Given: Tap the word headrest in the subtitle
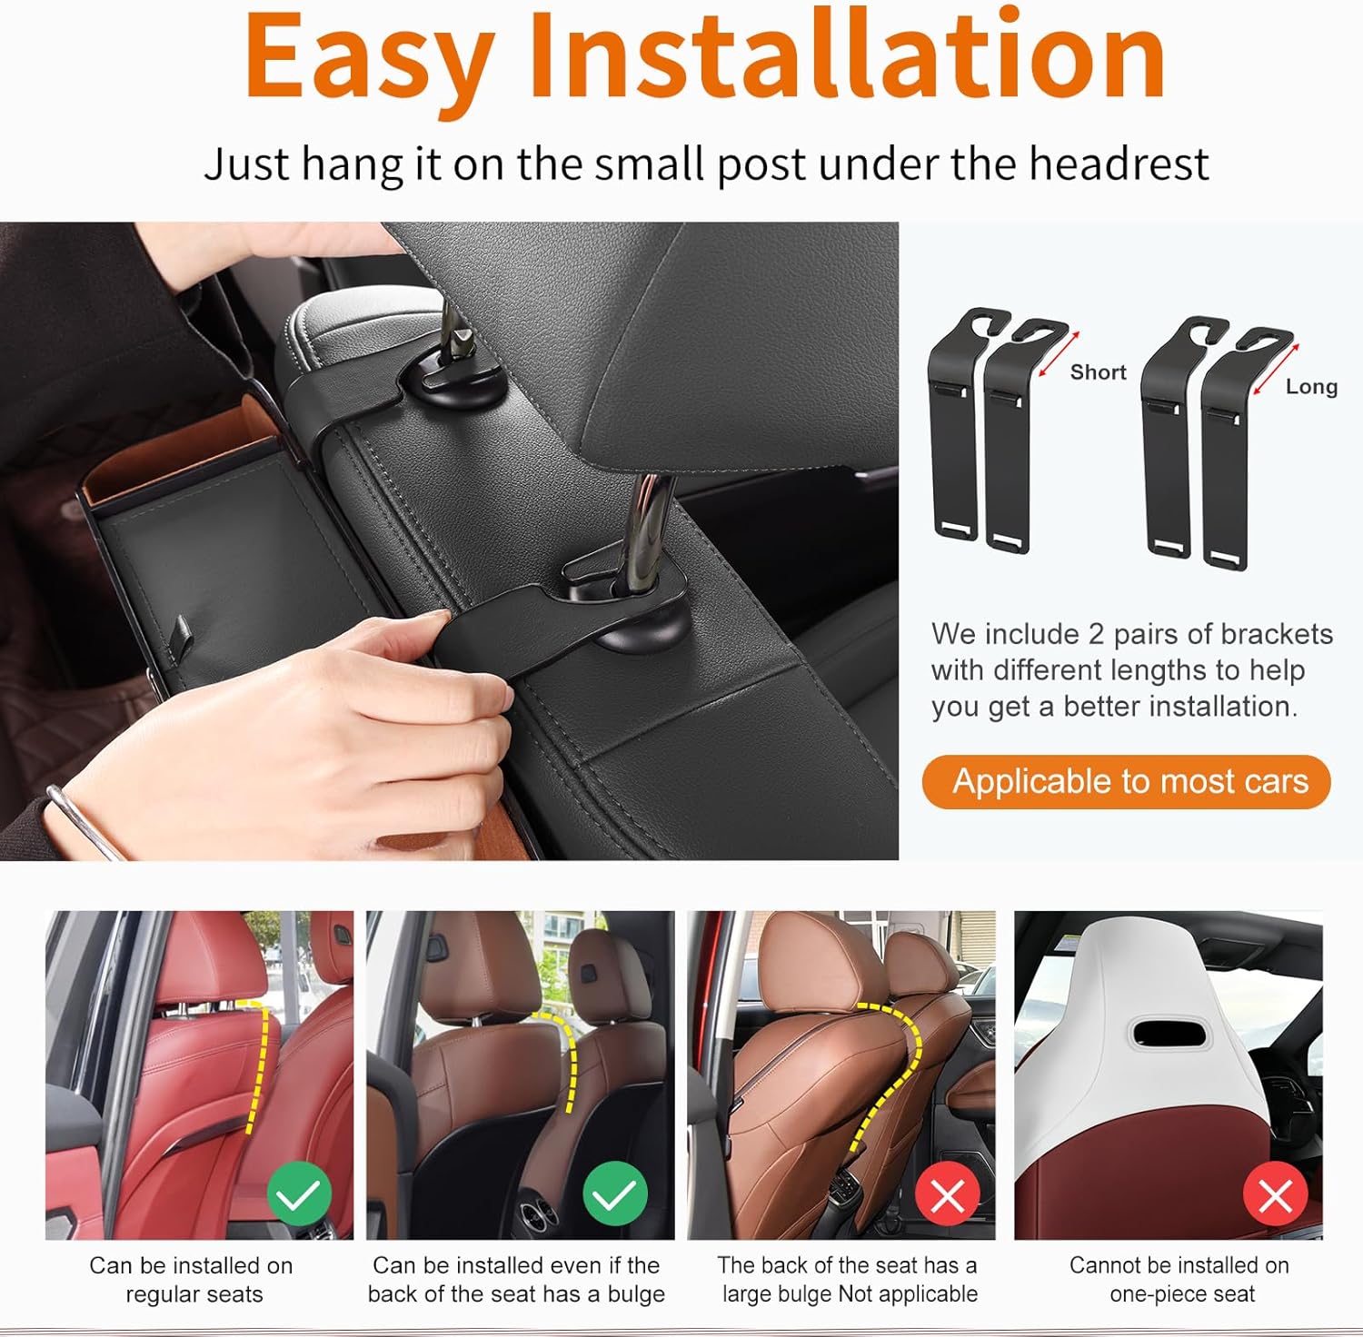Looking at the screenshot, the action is point(1119,164).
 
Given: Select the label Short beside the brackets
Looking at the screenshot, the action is point(1098,372).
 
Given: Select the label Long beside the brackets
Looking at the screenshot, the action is point(1311,387).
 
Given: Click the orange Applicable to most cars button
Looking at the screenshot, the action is point(1126,781).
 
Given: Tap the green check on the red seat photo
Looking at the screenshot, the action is point(299,1193).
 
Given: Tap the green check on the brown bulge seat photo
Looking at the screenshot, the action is point(614,1193).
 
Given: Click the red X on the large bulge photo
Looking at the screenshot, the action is point(948,1195).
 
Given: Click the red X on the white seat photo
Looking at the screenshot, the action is point(1275,1195).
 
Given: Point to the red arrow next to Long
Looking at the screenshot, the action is point(1276,370).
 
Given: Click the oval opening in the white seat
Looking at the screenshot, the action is point(1169,1032).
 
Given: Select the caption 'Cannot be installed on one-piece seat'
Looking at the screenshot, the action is point(1179,1279).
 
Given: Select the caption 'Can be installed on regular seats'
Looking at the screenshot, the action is point(192,1279).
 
